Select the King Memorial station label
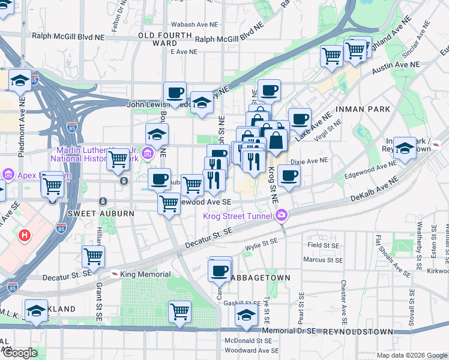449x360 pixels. (x=145, y=274)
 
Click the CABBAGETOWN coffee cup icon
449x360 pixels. (x=220, y=270)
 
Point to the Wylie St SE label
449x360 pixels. (x=262, y=242)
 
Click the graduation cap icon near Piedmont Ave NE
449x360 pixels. (x=20, y=80)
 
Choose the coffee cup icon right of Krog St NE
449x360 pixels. (x=289, y=175)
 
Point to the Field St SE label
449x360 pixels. (x=322, y=245)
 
